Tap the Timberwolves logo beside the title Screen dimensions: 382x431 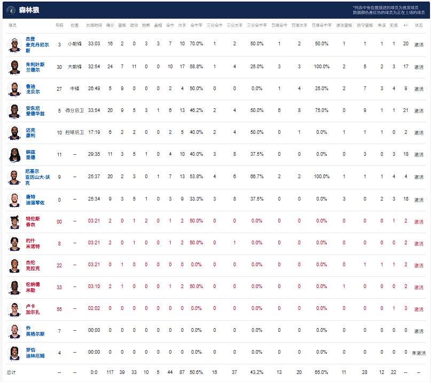click(10, 10)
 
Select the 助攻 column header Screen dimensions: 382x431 click(134, 25)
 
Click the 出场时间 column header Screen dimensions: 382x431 click(95, 25)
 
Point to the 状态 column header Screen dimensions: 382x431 click(419, 25)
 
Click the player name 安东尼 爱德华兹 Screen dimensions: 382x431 click(35, 110)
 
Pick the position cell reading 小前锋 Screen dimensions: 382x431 click(75, 44)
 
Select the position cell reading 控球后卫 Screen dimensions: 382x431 click(75, 132)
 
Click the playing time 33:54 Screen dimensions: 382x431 click(95, 110)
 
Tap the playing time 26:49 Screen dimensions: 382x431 click(95, 89)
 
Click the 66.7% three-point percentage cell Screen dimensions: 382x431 click(256, 176)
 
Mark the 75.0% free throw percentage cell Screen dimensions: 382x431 click(322, 110)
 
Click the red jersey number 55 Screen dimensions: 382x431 click(59, 309)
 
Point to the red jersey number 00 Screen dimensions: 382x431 click(59, 221)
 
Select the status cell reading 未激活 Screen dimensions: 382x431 click(419, 353)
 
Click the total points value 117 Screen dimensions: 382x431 click(110, 372)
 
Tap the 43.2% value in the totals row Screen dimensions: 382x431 click(256, 372)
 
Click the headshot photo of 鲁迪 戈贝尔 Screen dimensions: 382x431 click(14, 89)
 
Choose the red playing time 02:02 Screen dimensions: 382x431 click(95, 309)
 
